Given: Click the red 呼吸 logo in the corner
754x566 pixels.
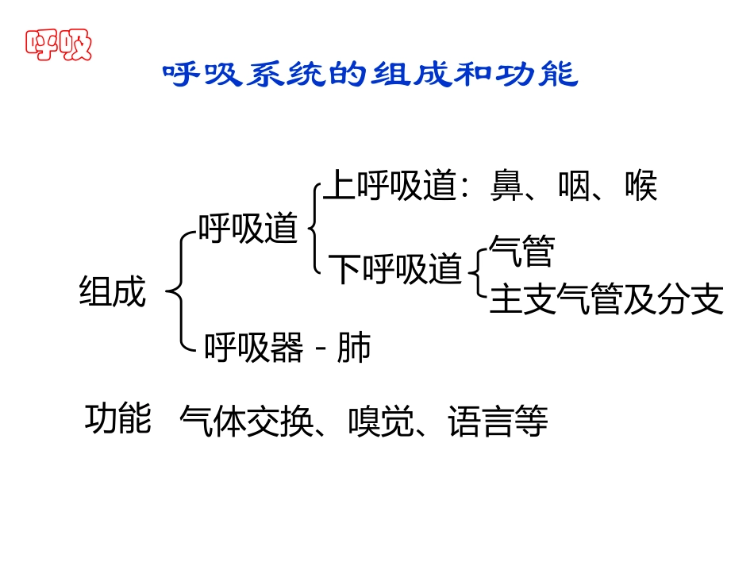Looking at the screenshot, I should pyautogui.click(x=59, y=44).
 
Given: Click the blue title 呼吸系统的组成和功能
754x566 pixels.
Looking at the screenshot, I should pyautogui.click(x=370, y=75).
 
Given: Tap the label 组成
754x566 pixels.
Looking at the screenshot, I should pyautogui.click(x=113, y=291).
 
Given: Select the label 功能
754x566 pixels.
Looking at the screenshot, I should pyautogui.click(x=117, y=419).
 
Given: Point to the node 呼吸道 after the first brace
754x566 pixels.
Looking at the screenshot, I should pyautogui.click(x=248, y=229).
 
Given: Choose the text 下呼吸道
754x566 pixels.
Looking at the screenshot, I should pyautogui.click(x=395, y=269).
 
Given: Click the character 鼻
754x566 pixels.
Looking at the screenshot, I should pyautogui.click(x=507, y=187).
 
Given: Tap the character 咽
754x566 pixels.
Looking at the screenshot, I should pyautogui.click(x=573, y=187).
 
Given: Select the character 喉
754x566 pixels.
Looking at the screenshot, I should pyautogui.click(x=640, y=187).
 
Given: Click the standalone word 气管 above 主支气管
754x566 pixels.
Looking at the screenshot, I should pyautogui.click(x=521, y=252).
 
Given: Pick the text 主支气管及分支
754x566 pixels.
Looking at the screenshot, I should pyautogui.click(x=606, y=300).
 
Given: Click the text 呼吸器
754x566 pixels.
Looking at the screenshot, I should pyautogui.click(x=254, y=348).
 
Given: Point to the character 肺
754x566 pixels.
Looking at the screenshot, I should pyautogui.click(x=354, y=348).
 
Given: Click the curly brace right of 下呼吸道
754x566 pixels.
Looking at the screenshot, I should pyautogui.click(x=478, y=274).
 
